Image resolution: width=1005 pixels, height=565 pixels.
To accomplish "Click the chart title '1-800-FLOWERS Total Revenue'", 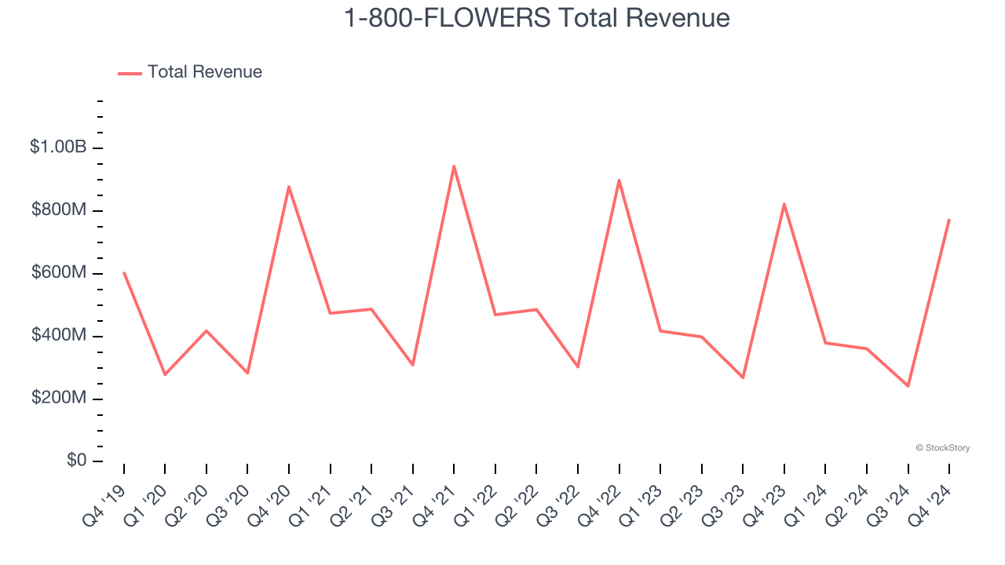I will [x=537, y=18].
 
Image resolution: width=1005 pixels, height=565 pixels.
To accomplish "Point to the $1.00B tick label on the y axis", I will [x=58, y=147].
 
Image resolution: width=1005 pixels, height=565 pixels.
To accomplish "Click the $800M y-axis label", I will [x=58, y=210].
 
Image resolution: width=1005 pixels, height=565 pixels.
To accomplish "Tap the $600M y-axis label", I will [x=58, y=272].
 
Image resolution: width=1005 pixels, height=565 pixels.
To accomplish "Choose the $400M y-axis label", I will [x=58, y=335].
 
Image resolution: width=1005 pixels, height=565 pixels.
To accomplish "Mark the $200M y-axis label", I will [x=58, y=398].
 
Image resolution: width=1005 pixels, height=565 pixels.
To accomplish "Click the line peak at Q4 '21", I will [x=454, y=166].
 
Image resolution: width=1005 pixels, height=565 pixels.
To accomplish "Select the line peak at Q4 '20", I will [x=289, y=187].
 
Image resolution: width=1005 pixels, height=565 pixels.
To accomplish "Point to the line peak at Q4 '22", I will [x=619, y=180].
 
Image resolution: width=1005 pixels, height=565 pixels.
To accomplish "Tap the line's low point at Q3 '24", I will [x=908, y=386].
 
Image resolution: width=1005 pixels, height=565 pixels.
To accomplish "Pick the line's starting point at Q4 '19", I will [x=124, y=272].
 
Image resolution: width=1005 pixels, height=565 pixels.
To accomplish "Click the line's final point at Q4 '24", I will [x=949, y=220].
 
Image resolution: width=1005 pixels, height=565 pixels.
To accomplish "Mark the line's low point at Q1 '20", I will [x=165, y=374].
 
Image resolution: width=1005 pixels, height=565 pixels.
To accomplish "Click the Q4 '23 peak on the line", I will [x=784, y=204].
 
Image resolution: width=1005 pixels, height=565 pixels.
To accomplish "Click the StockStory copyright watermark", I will [x=942, y=448].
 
